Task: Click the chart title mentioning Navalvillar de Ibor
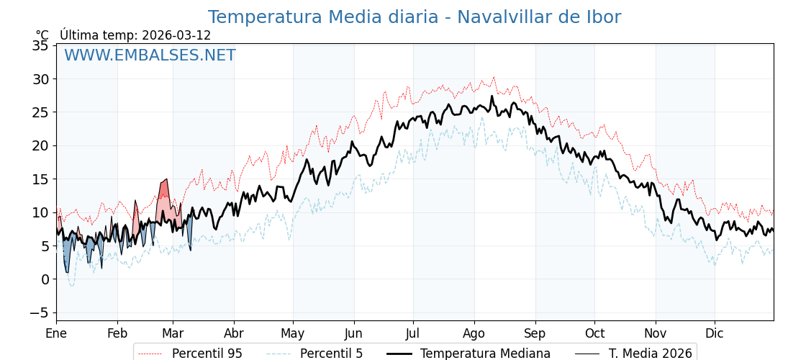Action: click(x=414, y=17)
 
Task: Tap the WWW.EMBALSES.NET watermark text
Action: click(x=150, y=55)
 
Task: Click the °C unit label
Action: click(x=42, y=35)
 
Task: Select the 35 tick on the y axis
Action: click(x=40, y=45)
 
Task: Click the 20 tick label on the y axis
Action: click(x=40, y=145)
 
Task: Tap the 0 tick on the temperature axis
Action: click(x=45, y=279)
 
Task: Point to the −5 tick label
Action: click(x=39, y=312)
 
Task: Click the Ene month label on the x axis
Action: click(x=56, y=333)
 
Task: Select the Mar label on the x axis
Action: click(x=173, y=333)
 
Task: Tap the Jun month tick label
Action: click(x=353, y=333)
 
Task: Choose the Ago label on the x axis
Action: click(x=474, y=333)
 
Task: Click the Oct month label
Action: click(x=594, y=333)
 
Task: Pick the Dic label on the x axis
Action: click(x=715, y=333)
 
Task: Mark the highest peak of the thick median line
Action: click(x=492, y=96)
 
